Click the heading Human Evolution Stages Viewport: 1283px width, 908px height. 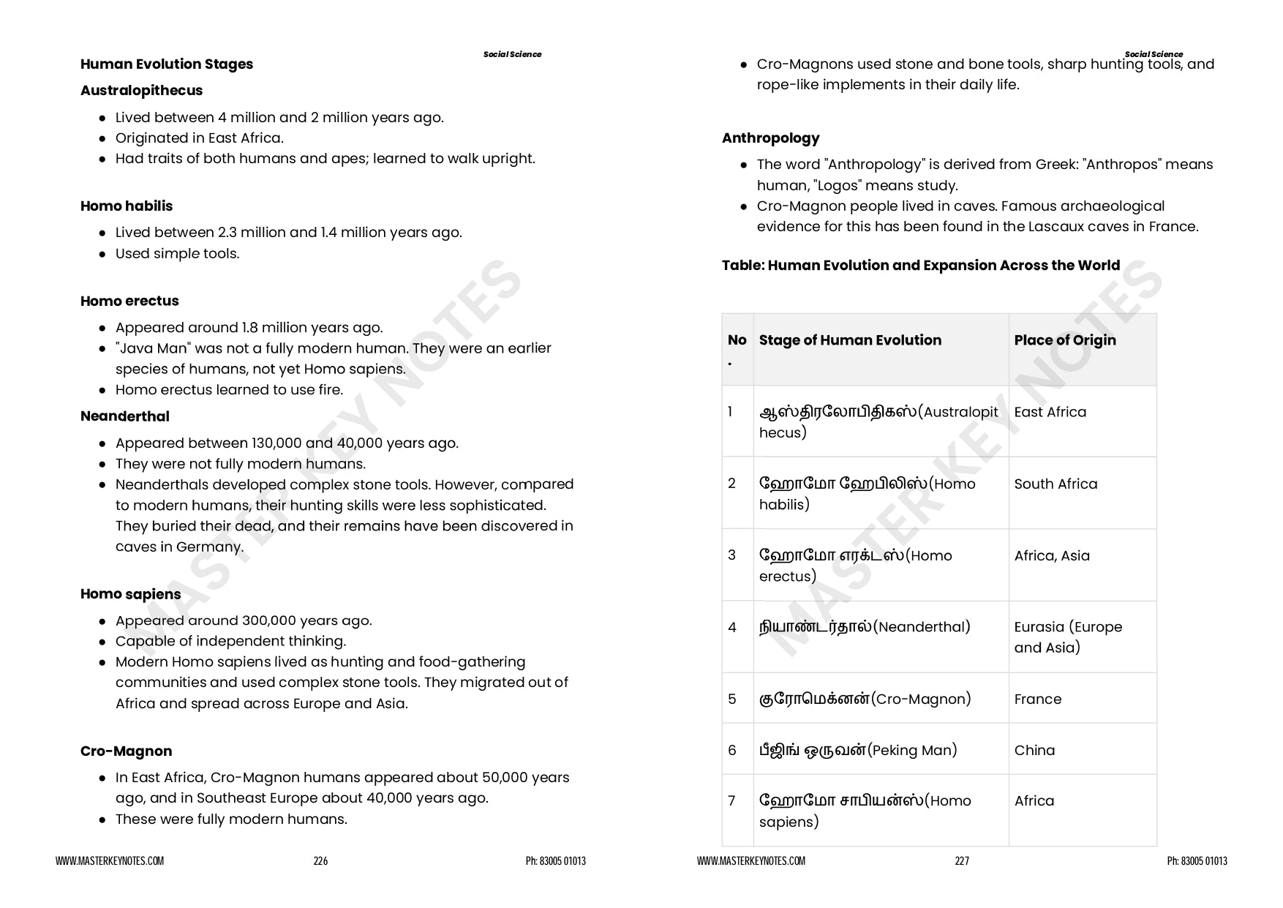coord(166,64)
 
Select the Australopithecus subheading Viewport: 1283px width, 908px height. coord(141,91)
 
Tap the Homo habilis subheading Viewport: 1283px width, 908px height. coord(127,206)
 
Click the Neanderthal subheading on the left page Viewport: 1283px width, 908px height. coord(124,416)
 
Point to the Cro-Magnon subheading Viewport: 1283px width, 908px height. coord(126,751)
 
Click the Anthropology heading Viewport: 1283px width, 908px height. coord(770,138)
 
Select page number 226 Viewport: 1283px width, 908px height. coord(320,861)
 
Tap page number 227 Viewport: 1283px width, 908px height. coord(962,861)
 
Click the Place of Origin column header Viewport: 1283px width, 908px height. coord(1064,340)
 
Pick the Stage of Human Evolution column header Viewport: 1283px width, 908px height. coord(850,340)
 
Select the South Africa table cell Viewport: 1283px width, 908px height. coord(1056,484)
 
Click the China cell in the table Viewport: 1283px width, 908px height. coord(1034,751)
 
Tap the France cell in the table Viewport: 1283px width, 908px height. coord(1037,699)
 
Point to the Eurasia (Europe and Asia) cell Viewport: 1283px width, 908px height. coord(1067,637)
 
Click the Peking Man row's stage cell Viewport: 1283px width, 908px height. coord(858,751)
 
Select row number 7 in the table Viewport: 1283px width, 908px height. coord(731,801)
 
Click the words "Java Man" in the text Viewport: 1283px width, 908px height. coord(148,349)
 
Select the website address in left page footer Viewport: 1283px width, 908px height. coord(110,861)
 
